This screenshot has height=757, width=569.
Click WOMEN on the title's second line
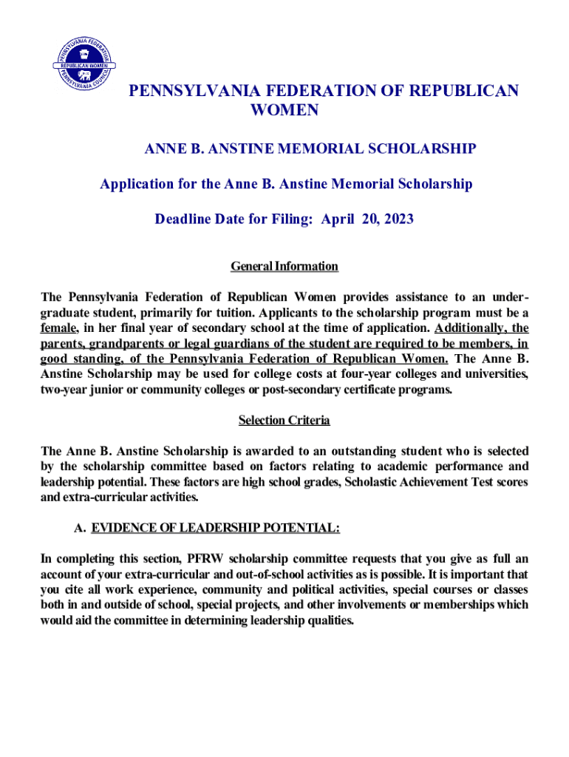click(x=285, y=111)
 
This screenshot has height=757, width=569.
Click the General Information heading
click(x=284, y=266)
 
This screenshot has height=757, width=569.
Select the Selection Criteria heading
click(x=284, y=421)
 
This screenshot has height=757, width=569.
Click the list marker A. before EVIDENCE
click(x=80, y=529)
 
